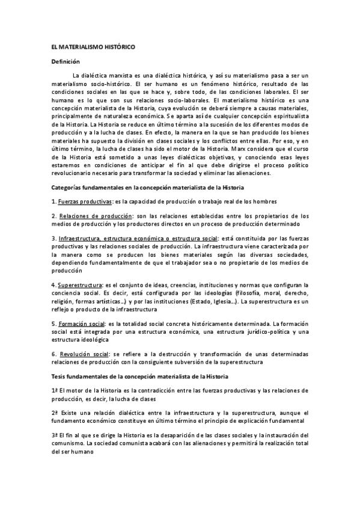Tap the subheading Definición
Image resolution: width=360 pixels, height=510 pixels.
[x=66, y=61]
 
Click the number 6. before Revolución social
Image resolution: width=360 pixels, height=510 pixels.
[x=54, y=354]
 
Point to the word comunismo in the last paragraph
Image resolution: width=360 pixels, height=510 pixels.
[x=69, y=443]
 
